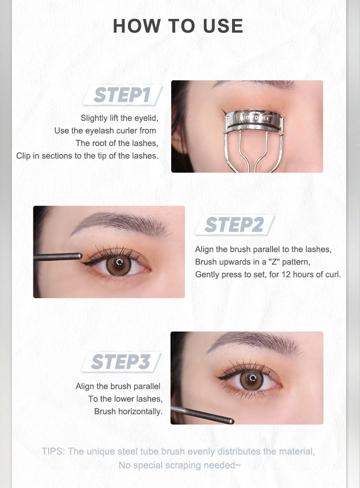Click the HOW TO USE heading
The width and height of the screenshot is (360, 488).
pyautogui.click(x=178, y=26)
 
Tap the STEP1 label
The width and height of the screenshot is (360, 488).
pyautogui.click(x=122, y=95)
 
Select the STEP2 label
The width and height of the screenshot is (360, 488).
pyautogui.click(x=234, y=224)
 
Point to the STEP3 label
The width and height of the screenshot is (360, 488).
pyautogui.click(x=121, y=361)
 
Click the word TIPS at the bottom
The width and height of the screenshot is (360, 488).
pyautogui.click(x=53, y=451)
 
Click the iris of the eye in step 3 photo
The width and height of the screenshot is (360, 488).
pyautogui.click(x=252, y=381)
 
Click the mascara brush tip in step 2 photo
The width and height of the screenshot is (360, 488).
pyautogui.click(x=80, y=256)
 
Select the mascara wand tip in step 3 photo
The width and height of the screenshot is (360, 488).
pyautogui.click(x=232, y=421)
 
